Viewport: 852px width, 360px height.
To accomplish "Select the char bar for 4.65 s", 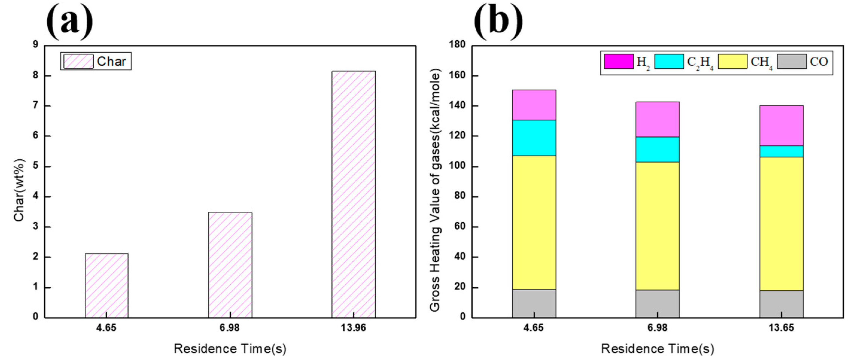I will point(106,286).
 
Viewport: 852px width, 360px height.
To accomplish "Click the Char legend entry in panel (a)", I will point(96,61).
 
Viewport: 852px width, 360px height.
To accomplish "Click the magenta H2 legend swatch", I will point(618,62).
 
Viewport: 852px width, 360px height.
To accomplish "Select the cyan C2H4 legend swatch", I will point(669,62).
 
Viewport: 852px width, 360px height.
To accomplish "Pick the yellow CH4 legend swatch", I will point(732,62).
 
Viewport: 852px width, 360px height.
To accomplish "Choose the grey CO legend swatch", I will point(792,62).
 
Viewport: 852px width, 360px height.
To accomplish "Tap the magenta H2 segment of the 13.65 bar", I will point(781,126).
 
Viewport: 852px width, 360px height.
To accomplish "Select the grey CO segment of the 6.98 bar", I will point(657,304).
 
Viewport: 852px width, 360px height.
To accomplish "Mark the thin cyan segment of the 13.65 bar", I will point(781,151).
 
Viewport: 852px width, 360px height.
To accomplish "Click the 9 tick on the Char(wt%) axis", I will point(36,45).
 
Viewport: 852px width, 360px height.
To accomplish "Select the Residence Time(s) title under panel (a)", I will point(230,349).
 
